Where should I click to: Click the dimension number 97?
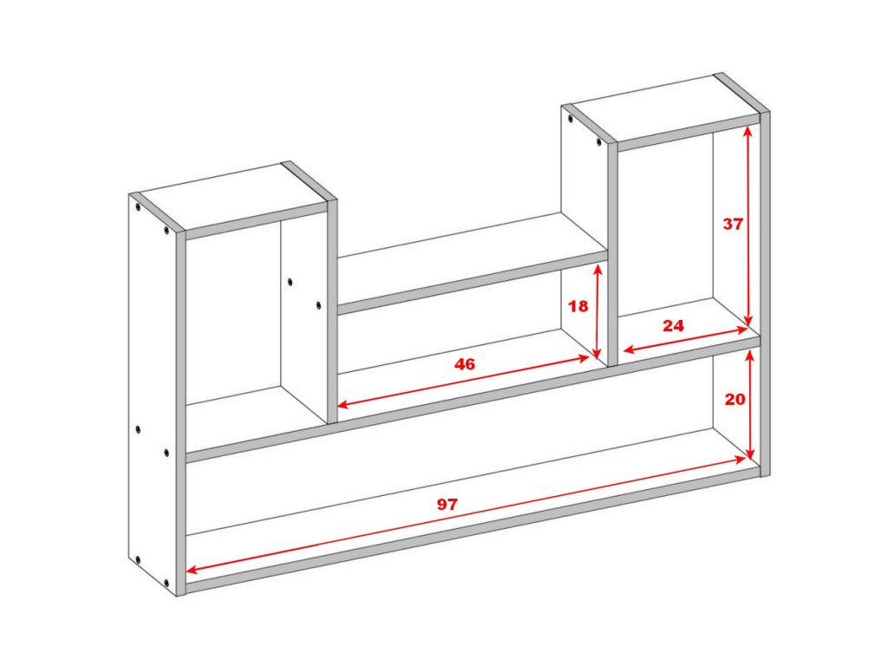point(447,504)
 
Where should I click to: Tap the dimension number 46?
point(465,364)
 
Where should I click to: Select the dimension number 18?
point(578,306)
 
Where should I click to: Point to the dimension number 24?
point(673,326)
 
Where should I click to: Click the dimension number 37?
point(732,225)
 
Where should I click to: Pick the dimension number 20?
point(735,400)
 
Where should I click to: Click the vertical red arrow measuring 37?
point(748,226)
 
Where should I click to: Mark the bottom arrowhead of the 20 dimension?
point(750,454)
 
